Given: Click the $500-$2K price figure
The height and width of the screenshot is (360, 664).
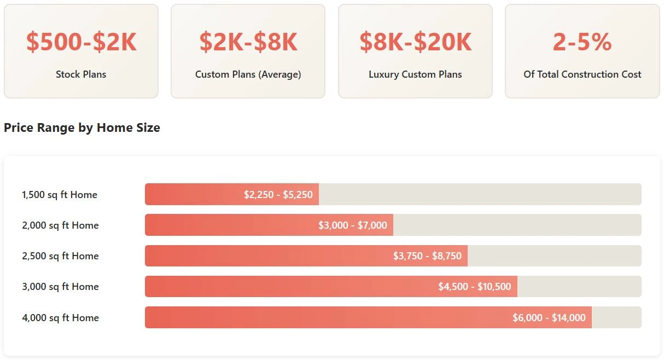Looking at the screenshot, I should pos(81,42).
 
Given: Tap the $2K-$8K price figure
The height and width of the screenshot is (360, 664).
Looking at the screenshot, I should pos(248,42).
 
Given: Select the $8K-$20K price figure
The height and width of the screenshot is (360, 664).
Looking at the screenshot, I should pos(415,42).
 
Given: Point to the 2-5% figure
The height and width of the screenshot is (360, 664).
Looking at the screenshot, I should pos(582,42).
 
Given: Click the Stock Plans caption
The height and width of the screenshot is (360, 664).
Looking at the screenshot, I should pos(81,74).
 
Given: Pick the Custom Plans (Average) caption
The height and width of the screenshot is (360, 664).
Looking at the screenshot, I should pos(248,74).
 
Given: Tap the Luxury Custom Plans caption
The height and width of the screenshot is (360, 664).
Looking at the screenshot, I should pos(415,74).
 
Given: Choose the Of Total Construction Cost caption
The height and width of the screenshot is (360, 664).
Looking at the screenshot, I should pos(582,74).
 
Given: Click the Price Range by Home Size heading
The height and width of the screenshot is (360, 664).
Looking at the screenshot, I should pos(82,128).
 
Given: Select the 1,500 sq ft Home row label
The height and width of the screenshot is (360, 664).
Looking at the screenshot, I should pos(60,195).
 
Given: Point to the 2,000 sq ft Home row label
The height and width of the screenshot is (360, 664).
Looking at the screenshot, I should pos(60,225).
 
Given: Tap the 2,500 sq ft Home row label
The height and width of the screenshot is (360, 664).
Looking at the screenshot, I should pos(60,256).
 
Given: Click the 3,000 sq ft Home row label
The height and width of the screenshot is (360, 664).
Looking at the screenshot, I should pos(60,287).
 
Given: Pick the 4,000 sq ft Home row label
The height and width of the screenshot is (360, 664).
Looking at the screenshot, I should pos(60,318).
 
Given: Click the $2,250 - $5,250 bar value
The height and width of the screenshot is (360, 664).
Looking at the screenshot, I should pos(278,195).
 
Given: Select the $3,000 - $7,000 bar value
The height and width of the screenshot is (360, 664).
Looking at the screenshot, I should pos(353,225).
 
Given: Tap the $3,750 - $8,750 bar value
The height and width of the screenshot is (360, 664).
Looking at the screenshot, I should pos(427,256).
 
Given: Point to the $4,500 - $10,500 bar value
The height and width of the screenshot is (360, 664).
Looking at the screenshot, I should pos(474,287).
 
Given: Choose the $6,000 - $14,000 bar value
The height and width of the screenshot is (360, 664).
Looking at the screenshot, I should pos(549,318).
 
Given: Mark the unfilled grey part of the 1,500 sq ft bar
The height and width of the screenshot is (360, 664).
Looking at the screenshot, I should pos(480,195).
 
